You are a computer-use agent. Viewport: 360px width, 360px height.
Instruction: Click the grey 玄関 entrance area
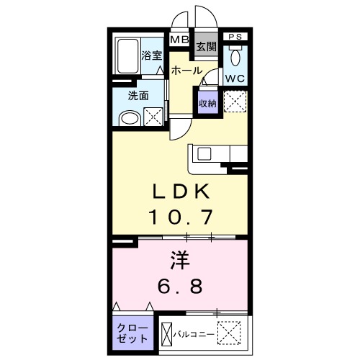206,47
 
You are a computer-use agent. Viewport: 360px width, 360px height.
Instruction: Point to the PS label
235,37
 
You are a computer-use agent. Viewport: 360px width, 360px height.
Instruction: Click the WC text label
235,78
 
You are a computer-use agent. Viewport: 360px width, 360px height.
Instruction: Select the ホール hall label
186,71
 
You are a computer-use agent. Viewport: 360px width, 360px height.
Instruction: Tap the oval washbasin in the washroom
129,117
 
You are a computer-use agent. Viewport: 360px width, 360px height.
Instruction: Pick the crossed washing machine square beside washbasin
153,117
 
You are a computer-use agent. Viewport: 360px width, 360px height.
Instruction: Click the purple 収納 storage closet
207,103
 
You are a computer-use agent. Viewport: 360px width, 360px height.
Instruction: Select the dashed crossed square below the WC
235,102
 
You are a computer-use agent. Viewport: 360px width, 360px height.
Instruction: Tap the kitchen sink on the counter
203,154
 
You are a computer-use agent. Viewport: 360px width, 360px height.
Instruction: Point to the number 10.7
180,215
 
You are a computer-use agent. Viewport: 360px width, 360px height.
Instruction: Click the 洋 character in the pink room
180,258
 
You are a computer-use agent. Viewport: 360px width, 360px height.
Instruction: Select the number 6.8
180,285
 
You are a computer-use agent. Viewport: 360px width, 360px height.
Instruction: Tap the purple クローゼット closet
132,333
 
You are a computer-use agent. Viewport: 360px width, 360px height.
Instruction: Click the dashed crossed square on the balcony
232,334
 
